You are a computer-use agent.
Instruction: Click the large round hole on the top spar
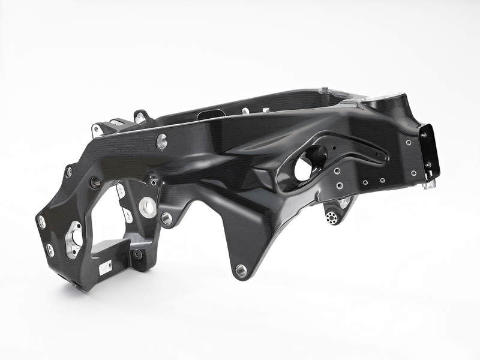click(x=161, y=142)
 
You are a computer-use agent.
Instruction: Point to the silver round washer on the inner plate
click(x=147, y=207)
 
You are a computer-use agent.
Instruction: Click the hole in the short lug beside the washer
click(x=167, y=218)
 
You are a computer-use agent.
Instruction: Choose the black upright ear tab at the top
click(x=142, y=116)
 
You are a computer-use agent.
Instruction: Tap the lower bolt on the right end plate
click(x=427, y=164)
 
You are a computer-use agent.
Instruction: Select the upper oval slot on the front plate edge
click(x=42, y=221)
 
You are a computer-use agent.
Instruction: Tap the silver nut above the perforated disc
click(x=343, y=203)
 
